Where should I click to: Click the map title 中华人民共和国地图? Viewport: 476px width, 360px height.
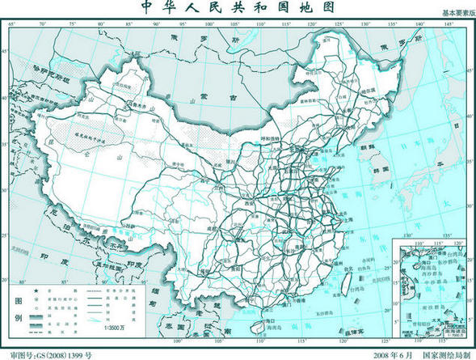pos(239,7)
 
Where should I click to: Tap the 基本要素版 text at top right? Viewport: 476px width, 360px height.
pos(452,15)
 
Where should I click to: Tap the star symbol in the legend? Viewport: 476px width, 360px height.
pos(37,290)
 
